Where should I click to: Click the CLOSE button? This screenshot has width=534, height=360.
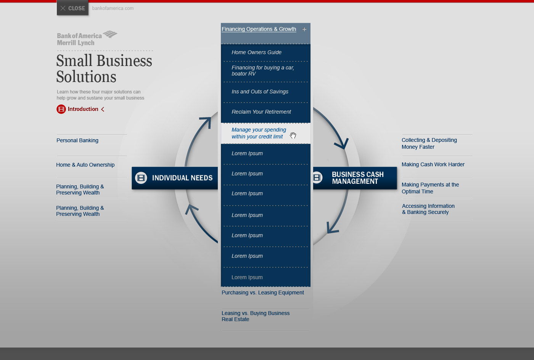(72, 8)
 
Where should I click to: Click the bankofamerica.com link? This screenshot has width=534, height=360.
(113, 8)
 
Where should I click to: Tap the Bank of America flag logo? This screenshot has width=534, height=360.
(110, 34)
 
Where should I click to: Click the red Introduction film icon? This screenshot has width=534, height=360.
(61, 109)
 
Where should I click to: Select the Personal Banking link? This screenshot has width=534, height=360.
(77, 140)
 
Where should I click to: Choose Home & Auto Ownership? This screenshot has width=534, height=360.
(85, 165)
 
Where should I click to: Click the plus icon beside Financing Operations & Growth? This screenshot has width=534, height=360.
(304, 29)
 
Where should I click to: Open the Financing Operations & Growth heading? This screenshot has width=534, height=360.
(259, 29)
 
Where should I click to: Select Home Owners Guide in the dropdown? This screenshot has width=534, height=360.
(256, 52)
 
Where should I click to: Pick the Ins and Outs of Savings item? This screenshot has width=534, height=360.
(260, 92)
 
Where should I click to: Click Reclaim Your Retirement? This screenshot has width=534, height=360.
(261, 112)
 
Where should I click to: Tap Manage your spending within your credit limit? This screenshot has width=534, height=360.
(259, 133)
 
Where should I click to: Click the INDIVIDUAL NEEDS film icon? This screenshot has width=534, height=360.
(141, 178)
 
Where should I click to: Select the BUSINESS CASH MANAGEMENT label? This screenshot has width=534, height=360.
(358, 178)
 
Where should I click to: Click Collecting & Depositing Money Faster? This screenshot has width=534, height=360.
(429, 143)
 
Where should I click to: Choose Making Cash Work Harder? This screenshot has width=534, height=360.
(433, 164)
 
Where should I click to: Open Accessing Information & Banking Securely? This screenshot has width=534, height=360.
(428, 209)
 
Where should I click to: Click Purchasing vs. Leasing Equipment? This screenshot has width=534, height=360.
(263, 292)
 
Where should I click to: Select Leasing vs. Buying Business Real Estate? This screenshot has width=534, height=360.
(256, 316)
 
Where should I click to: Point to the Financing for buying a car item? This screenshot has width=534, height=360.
(263, 71)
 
